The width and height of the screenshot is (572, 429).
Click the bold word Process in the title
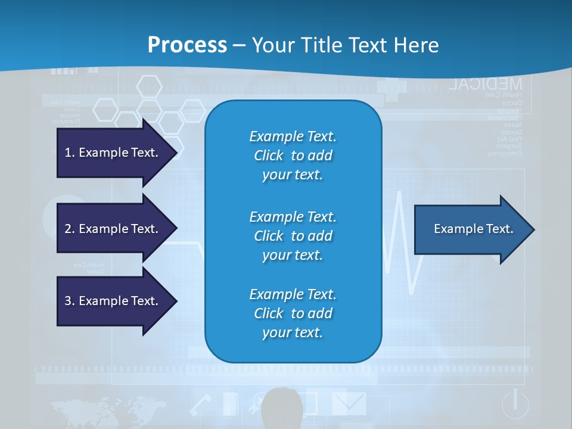(187, 45)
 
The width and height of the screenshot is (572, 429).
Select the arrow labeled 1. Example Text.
(113, 153)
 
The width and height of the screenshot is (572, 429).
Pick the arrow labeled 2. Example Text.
(113, 229)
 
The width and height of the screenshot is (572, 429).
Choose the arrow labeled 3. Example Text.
(113, 301)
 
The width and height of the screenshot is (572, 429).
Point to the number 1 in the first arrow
(68, 153)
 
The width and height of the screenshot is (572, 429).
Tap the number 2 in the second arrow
(68, 229)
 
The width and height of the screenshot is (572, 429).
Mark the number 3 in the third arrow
(68, 301)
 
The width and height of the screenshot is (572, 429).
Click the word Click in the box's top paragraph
(268, 156)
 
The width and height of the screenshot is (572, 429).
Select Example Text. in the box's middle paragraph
(293, 216)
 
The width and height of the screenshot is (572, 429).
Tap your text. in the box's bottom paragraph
(293, 332)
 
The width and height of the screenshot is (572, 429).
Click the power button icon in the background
(515, 404)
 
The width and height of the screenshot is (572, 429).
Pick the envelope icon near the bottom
(349, 402)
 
